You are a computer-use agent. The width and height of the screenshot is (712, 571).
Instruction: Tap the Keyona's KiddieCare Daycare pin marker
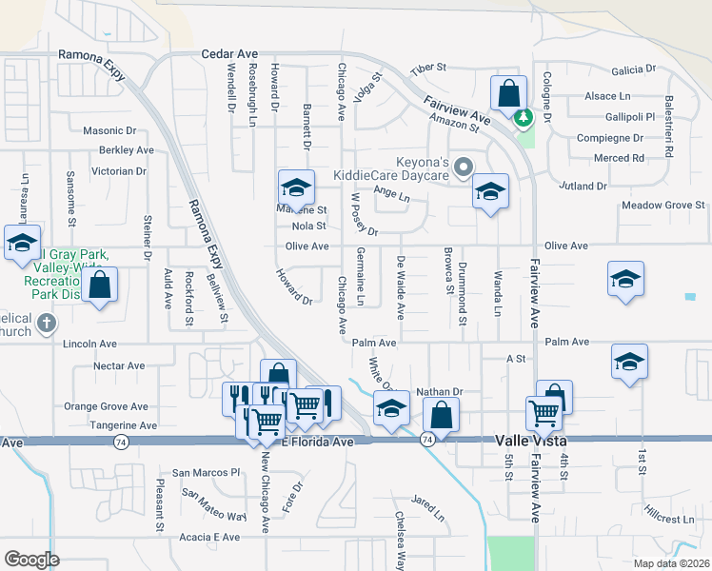click(464, 168)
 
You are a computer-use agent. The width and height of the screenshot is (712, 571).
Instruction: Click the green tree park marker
click(522, 119)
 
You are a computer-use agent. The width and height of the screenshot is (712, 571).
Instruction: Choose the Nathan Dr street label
click(439, 391)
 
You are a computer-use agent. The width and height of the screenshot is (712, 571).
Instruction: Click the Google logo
click(31, 560)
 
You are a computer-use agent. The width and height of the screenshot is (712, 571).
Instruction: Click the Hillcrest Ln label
click(668, 520)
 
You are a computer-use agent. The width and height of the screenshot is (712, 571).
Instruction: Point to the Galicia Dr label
click(635, 69)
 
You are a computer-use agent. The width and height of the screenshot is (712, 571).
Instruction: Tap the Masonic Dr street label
click(109, 130)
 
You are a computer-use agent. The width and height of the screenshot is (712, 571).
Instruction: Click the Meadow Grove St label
click(663, 205)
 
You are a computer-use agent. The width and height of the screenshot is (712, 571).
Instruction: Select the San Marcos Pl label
click(207, 472)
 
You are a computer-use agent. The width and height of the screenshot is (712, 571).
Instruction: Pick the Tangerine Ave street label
click(124, 425)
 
